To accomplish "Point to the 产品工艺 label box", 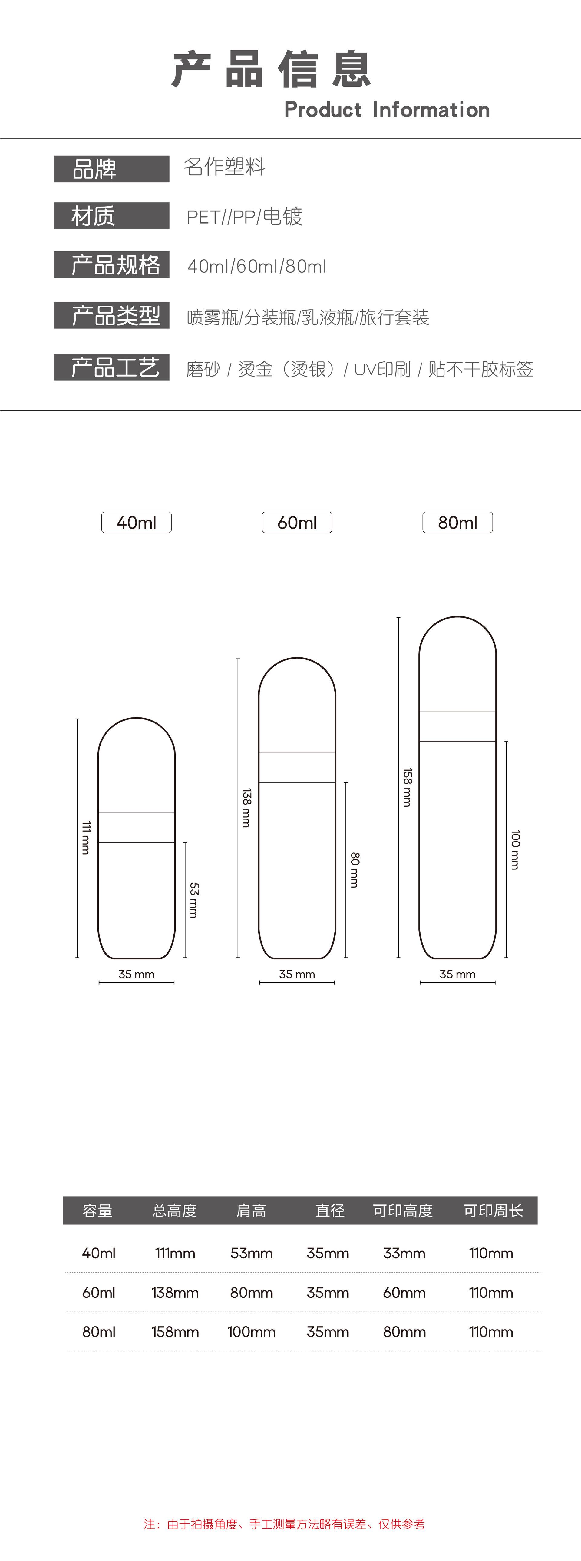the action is (111, 367).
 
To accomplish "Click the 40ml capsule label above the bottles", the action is (136, 522).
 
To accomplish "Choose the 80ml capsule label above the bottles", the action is (457, 522).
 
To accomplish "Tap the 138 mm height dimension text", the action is (246, 808).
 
